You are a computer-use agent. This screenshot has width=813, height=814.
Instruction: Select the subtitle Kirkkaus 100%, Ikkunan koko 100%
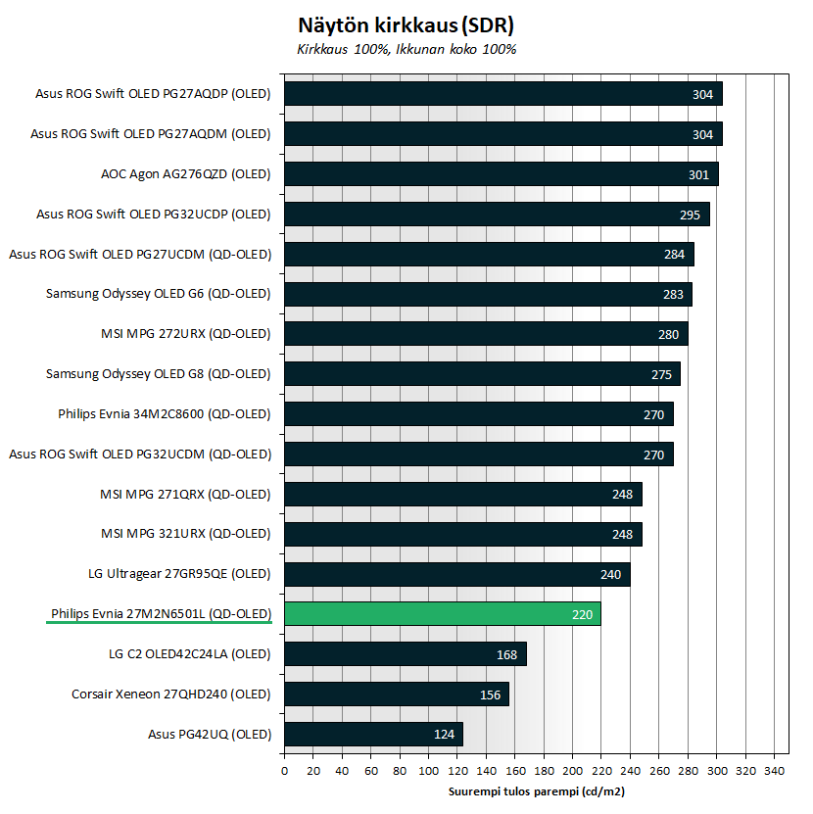406,48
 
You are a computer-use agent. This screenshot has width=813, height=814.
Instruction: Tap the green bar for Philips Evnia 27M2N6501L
442,614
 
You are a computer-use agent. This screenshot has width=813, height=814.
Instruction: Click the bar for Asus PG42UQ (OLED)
373,734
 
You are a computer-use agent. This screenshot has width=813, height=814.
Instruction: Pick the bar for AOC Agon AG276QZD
501,174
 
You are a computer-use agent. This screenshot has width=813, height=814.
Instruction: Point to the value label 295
691,215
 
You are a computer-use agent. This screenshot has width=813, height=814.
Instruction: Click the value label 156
490,694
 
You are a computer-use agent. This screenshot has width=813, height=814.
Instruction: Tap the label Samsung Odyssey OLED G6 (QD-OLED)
158,294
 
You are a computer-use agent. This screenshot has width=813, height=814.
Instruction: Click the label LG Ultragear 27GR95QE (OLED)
179,574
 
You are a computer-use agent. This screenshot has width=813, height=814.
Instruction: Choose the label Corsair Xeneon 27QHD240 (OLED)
170,694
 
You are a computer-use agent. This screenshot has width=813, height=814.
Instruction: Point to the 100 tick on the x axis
428,771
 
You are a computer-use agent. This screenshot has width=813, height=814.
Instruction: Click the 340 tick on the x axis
775,771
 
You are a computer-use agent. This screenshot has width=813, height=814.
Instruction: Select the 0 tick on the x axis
284,771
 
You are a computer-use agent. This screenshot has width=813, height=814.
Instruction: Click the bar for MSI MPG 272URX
486,334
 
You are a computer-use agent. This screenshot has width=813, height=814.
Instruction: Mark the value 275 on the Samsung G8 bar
662,374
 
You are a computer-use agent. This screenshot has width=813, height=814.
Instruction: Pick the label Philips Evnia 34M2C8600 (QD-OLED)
164,414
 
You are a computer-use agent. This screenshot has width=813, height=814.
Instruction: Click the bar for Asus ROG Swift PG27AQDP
502,94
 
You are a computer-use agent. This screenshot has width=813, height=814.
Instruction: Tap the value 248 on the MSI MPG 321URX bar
623,534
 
